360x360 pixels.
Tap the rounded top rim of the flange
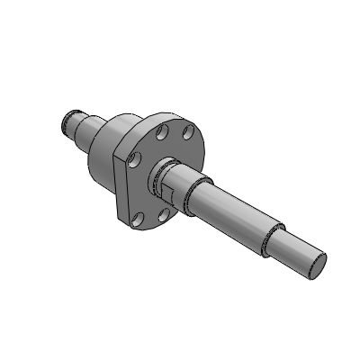[x=166, y=116]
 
